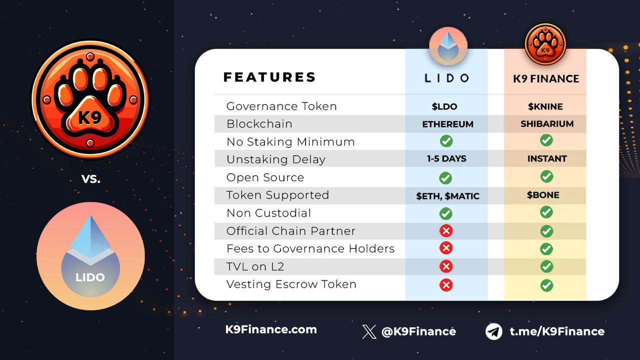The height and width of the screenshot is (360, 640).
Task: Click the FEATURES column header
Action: click(x=269, y=77)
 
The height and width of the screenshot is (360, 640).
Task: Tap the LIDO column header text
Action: click(x=446, y=78)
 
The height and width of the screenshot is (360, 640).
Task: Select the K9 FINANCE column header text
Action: click(x=546, y=78)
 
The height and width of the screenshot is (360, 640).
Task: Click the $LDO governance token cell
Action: click(x=444, y=106)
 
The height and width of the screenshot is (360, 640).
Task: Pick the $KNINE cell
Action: click(x=545, y=106)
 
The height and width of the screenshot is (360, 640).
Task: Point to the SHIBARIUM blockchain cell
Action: click(x=547, y=123)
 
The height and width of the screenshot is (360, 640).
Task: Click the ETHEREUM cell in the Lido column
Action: click(x=447, y=124)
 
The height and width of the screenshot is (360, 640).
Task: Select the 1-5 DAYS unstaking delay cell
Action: click(x=446, y=158)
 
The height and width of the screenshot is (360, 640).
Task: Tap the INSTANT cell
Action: click(x=547, y=158)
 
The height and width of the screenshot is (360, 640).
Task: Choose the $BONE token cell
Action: click(x=543, y=195)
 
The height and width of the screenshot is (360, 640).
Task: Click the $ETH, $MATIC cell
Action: click(x=447, y=196)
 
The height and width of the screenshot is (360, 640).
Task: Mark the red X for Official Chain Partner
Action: click(x=446, y=230)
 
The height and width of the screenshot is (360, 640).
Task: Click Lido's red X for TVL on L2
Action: click(x=446, y=266)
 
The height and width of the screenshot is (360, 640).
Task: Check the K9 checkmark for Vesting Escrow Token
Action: click(x=546, y=285)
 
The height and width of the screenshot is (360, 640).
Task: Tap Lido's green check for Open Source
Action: click(x=445, y=178)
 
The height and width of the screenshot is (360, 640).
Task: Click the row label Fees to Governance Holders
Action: click(x=310, y=248)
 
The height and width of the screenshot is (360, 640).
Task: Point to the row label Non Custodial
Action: click(x=268, y=213)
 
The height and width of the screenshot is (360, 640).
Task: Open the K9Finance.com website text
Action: click(x=271, y=329)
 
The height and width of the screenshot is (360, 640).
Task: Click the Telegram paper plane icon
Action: click(x=493, y=331)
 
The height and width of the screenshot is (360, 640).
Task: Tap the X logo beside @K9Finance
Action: click(x=369, y=331)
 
